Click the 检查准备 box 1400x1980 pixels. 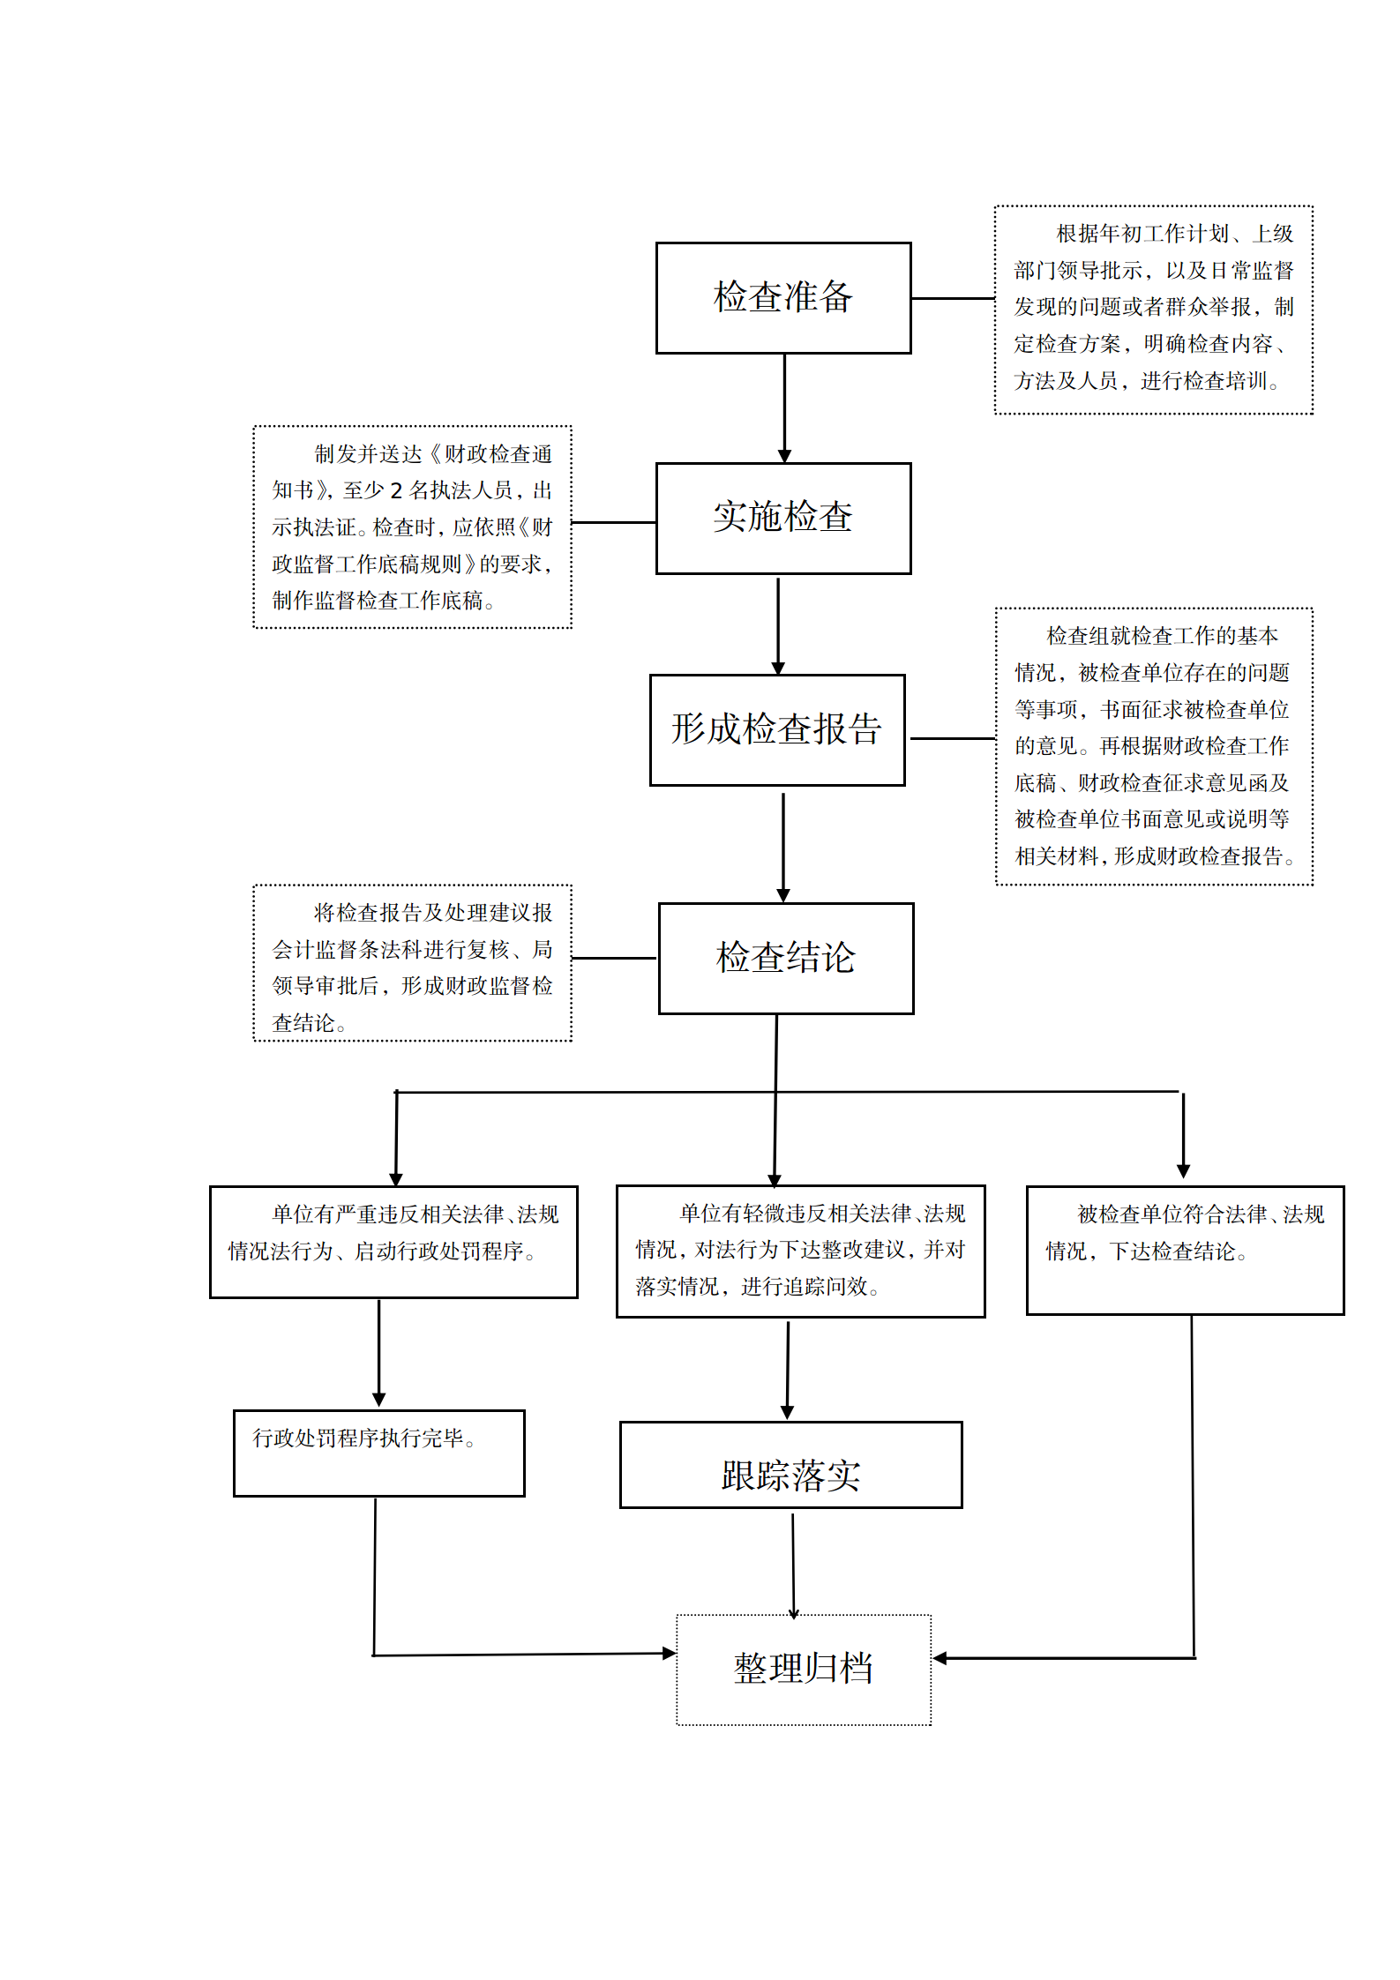[782, 298]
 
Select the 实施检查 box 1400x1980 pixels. [782, 519]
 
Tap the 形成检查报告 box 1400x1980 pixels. [776, 730]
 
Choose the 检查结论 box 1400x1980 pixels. [785, 958]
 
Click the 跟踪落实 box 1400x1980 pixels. [790, 1465]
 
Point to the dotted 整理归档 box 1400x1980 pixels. [803, 1670]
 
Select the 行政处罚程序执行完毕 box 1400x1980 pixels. [378, 1453]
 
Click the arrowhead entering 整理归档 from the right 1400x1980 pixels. [940, 1658]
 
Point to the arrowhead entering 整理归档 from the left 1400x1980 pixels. [669, 1654]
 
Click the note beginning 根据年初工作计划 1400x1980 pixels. [1153, 310]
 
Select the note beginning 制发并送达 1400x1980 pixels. [412, 527]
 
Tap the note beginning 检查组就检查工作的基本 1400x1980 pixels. [1154, 746]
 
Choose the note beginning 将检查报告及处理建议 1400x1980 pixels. [412, 963]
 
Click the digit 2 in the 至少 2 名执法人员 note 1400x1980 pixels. [396, 490]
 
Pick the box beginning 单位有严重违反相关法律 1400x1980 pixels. [393, 1242]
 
